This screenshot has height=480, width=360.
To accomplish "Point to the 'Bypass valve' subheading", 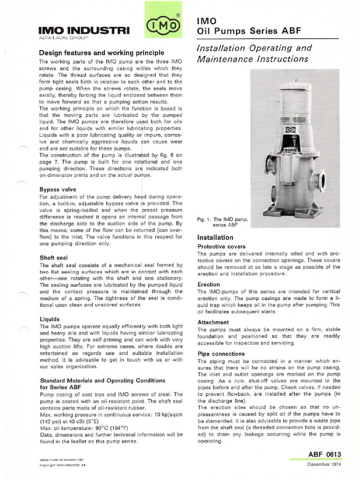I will (x=58, y=190).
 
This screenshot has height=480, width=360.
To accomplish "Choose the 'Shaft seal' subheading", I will (x=55, y=257).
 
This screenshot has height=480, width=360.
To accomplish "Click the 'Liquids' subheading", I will (x=50, y=319).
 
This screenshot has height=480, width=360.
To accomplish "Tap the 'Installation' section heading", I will (x=215, y=238).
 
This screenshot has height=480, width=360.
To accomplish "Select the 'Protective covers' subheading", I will (x=221, y=247).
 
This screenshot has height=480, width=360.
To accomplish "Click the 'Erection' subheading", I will (x=209, y=285).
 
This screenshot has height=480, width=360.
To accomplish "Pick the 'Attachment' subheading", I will (x=213, y=322).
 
